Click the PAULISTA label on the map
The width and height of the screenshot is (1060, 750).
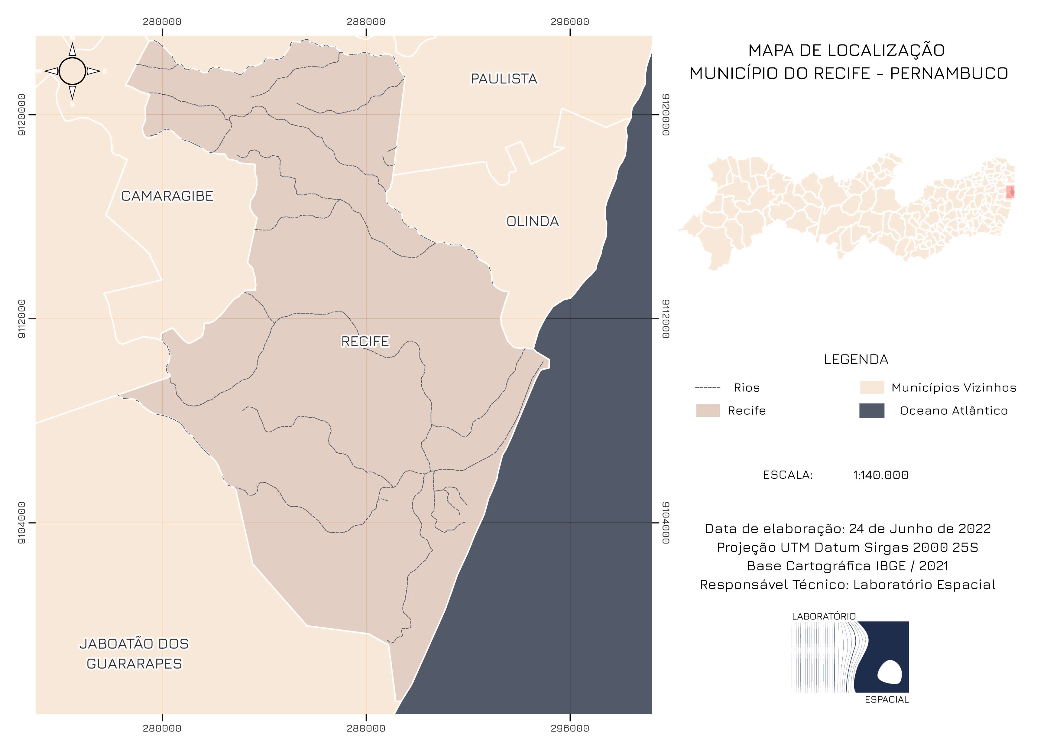504,79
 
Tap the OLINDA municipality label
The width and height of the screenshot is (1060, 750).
532,222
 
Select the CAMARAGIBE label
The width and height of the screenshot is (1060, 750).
167,196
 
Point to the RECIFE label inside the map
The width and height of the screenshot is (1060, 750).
365,342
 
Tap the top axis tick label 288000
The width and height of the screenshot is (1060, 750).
366,22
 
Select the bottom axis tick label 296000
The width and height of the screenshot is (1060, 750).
570,729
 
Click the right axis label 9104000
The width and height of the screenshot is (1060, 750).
665,523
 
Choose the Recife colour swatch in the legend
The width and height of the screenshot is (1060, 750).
708,411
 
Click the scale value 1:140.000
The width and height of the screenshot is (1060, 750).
880,475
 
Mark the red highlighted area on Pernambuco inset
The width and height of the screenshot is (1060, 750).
1010,192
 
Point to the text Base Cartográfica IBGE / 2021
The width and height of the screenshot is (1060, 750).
847,566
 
